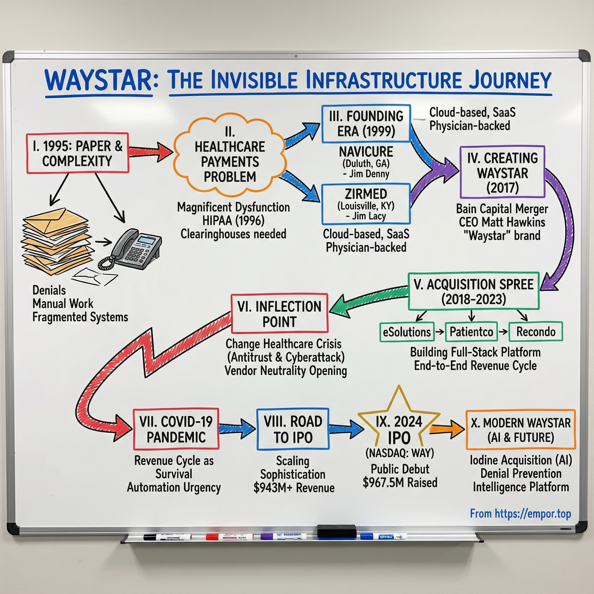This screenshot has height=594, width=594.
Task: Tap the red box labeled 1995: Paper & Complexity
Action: [x=77, y=153]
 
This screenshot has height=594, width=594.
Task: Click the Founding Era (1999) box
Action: [x=366, y=124]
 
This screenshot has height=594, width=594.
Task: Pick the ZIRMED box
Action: [x=366, y=204]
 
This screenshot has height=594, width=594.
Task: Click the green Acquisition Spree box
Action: [x=473, y=291]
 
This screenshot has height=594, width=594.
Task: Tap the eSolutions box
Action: [x=407, y=332]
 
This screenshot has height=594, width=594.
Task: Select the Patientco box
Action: [x=471, y=332]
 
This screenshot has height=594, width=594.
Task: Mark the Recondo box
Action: [x=536, y=332]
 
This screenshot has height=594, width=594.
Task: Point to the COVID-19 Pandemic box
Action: [x=176, y=429]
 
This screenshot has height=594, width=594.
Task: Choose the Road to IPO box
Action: [x=293, y=429]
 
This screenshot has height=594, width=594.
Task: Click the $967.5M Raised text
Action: [x=400, y=482]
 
